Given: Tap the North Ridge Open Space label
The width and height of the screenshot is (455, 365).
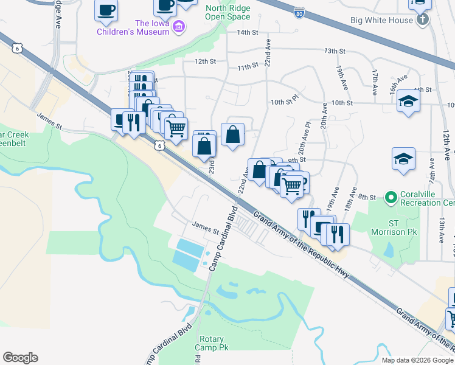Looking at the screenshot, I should [227, 13].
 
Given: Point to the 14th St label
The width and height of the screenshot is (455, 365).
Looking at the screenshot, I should [248, 32].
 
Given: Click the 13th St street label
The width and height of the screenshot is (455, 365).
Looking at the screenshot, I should [335, 51].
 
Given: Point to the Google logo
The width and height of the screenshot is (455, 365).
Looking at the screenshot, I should [20, 358].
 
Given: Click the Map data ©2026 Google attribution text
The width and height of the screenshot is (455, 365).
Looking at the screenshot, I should [417, 360].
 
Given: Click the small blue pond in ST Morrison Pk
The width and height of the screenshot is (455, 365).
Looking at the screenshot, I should [389, 249].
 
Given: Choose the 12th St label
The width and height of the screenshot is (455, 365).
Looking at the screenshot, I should [205, 61].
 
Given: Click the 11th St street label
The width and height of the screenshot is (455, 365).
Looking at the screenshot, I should [248, 66].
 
